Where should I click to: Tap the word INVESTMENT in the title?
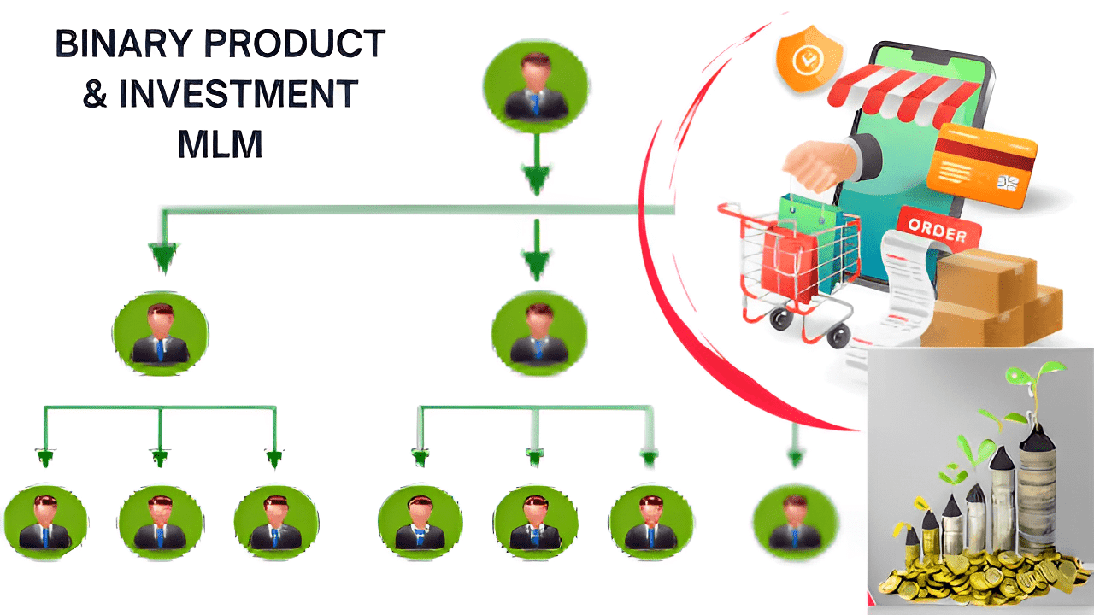click(238, 94)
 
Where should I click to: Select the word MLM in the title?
click(220, 144)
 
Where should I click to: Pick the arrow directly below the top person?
click(536, 167)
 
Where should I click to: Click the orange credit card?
click(985, 159)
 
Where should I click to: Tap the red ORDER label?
click(938, 229)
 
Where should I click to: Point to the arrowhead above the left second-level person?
click(162, 256)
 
